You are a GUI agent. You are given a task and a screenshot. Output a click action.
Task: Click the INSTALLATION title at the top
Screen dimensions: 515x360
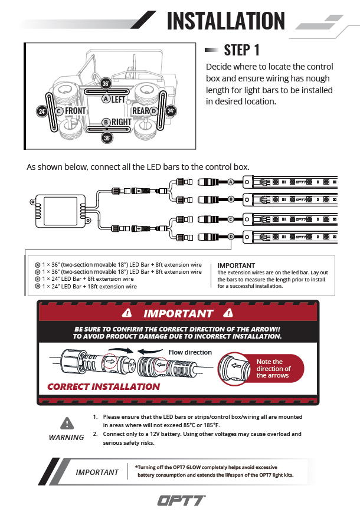tap(226, 21)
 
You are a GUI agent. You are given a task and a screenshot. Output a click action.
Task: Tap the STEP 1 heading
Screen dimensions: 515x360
tap(242, 50)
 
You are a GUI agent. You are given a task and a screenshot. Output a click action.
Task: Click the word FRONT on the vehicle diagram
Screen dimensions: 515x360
tap(75, 110)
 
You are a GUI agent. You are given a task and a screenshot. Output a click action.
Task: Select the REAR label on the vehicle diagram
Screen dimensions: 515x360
tap(141, 110)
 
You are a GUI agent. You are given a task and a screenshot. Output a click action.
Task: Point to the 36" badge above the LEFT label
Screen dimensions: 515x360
tap(106, 83)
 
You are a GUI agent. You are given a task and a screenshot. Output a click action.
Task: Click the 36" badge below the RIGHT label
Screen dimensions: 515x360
tap(107, 138)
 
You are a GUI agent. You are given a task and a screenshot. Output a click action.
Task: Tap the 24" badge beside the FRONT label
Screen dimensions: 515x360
tap(42, 111)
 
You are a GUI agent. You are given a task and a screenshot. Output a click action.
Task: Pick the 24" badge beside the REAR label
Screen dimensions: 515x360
tap(171, 110)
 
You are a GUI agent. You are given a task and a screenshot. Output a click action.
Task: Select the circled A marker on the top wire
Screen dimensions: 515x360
tap(231, 182)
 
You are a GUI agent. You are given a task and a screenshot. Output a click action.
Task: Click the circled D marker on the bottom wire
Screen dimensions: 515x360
tap(231, 237)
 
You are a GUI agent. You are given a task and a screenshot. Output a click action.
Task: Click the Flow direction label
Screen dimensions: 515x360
tap(190, 352)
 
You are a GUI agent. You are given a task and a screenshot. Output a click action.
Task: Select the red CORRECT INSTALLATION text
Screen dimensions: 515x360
tap(103, 387)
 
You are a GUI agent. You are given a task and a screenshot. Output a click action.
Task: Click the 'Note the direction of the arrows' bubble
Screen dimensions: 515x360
tap(272, 369)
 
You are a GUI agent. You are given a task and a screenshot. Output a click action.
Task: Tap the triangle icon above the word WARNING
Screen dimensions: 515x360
tap(67, 423)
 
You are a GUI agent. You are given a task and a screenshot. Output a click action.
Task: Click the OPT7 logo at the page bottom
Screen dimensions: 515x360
tap(181, 500)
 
